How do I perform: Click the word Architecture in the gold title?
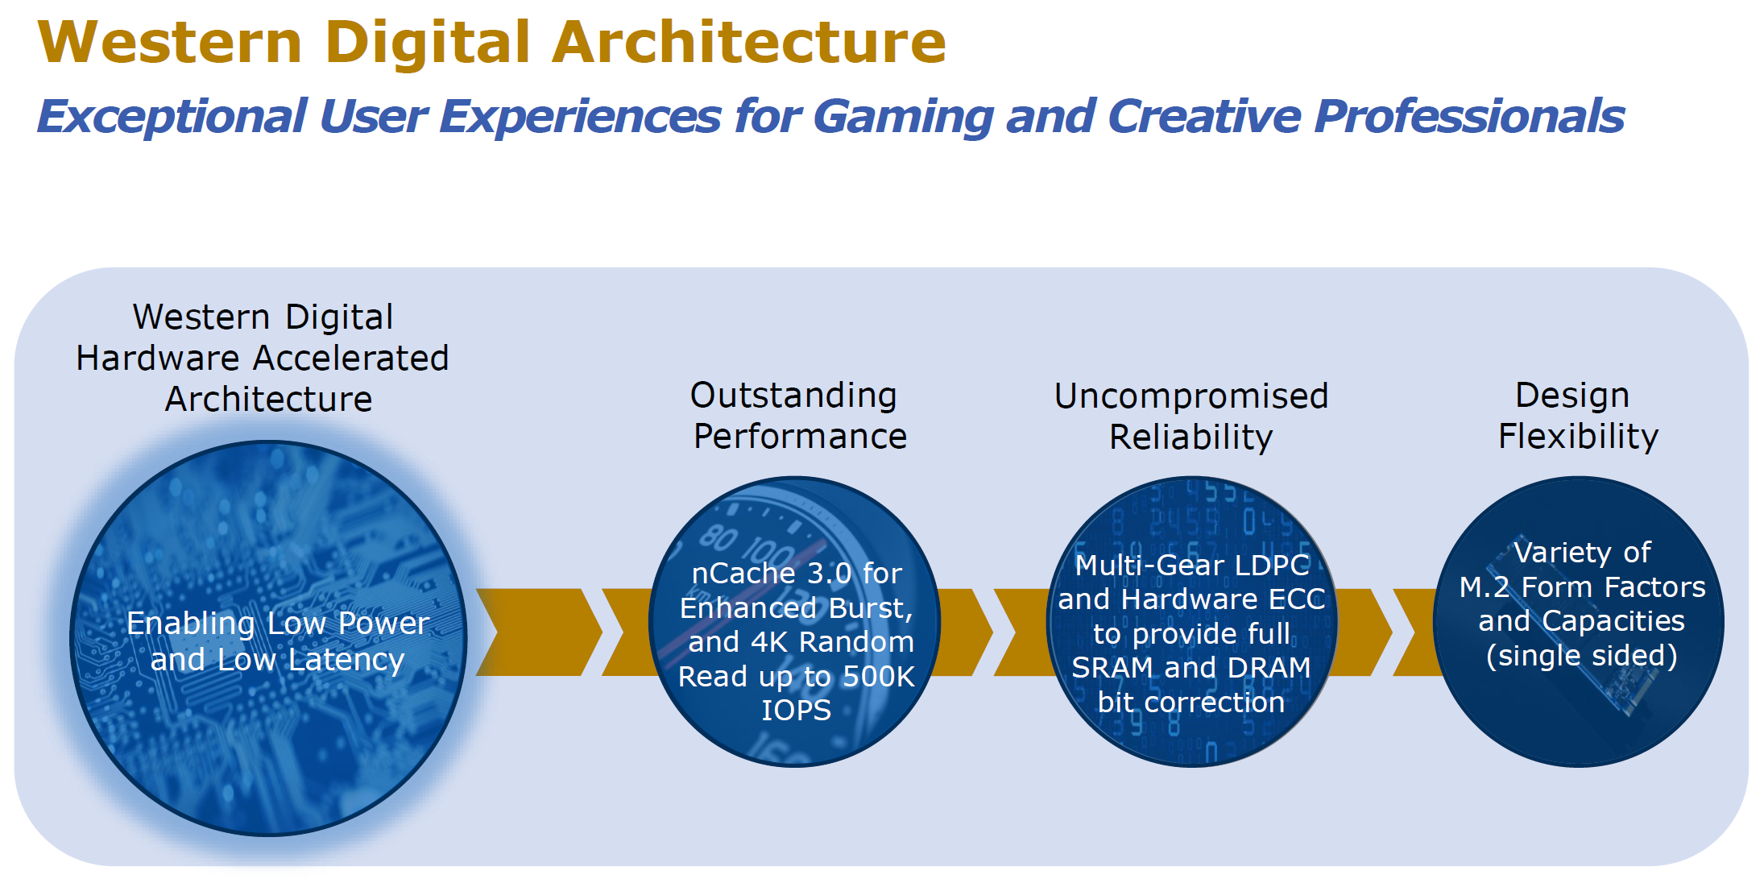[x=749, y=42]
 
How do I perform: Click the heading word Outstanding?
[x=793, y=396]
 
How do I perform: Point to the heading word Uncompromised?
[x=1191, y=396]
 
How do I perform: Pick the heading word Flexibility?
[x=1578, y=437]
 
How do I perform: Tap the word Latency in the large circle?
[x=346, y=660]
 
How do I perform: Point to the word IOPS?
[x=796, y=711]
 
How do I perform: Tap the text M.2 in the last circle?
[x=1485, y=587]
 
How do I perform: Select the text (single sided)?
[x=1582, y=656]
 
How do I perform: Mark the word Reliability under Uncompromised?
[x=1191, y=437]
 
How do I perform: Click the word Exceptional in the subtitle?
[x=172, y=117]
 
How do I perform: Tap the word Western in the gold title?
[x=170, y=42]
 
